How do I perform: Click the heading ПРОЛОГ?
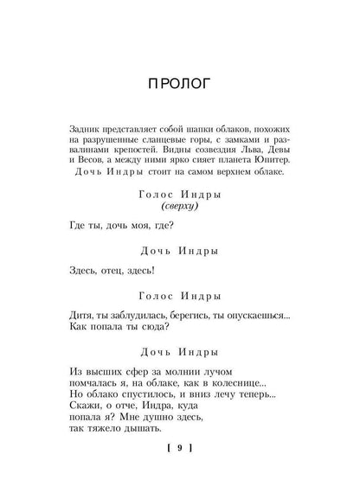coord(180,84)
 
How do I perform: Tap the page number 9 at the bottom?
coord(180,448)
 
